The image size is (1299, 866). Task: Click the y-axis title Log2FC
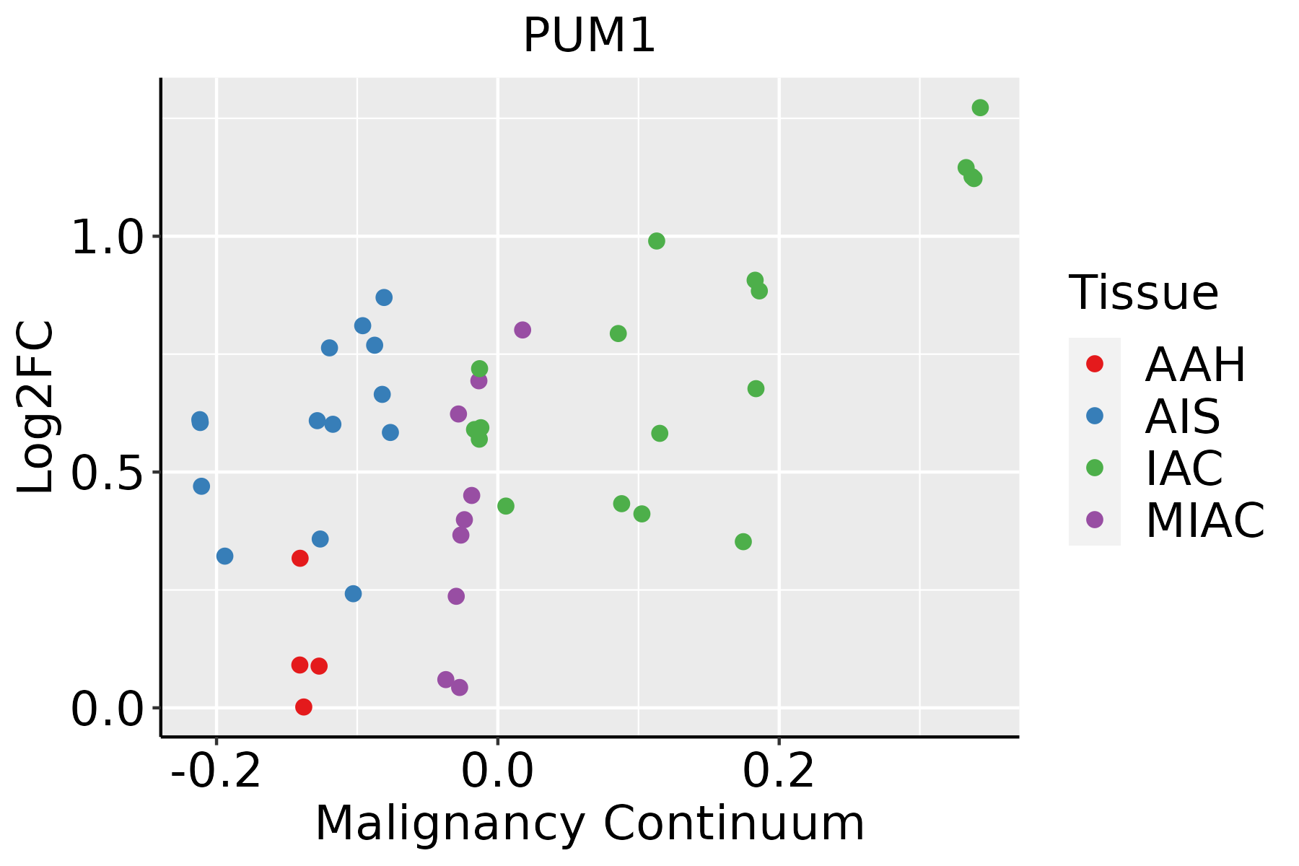(36, 407)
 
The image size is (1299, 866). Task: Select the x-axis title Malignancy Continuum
(590, 823)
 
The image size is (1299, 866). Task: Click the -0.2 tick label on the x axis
(215, 771)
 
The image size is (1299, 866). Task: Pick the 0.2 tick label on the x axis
(779, 771)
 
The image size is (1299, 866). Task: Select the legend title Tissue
(1144, 293)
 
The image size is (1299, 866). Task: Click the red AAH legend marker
(1095, 364)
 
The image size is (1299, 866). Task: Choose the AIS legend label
(1183, 416)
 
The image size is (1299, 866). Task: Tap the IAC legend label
(1184, 468)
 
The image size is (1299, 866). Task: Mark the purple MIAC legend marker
(1095, 520)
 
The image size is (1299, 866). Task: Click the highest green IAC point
(980, 108)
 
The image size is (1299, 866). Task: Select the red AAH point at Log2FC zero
(304, 707)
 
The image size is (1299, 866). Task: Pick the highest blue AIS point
(384, 297)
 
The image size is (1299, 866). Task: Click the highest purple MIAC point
(522, 330)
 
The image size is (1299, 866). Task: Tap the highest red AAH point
(300, 558)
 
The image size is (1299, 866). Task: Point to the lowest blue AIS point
(353, 593)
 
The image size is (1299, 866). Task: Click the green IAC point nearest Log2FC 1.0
(656, 241)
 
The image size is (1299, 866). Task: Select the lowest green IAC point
(743, 541)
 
